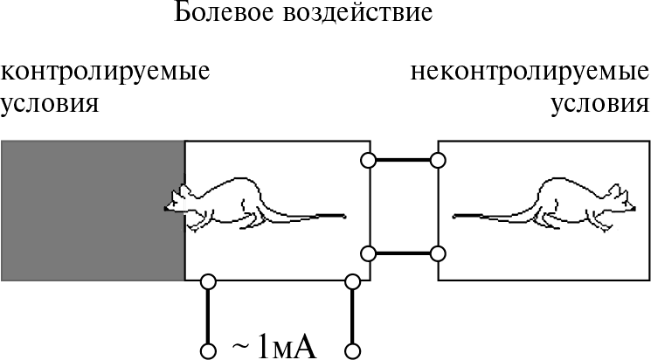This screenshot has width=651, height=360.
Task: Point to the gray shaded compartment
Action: pyautogui.click(x=93, y=211)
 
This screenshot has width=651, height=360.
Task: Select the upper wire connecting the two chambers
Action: pyautogui.click(x=402, y=160)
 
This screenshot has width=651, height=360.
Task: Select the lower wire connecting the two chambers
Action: pyautogui.click(x=402, y=253)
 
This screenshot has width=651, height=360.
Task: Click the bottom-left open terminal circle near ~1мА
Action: pyautogui.click(x=208, y=351)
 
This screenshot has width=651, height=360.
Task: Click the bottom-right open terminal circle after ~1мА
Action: pyautogui.click(x=353, y=351)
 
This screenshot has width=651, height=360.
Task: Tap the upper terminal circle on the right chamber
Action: pyautogui.click(x=438, y=160)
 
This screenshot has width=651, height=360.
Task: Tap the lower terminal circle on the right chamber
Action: pyautogui.click(x=438, y=253)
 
